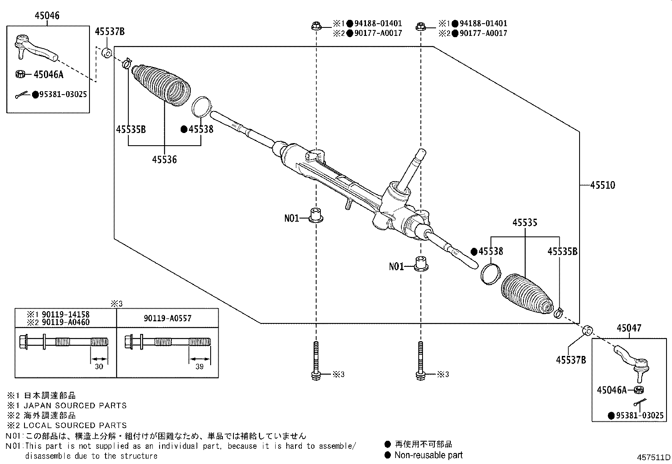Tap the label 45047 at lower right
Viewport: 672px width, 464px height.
pos(629,328)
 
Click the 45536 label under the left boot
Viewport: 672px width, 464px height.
pos(164,160)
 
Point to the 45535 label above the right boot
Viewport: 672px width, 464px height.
pos(525,223)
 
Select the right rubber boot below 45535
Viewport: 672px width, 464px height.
pos(526,295)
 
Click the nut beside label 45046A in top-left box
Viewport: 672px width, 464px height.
pos(19,74)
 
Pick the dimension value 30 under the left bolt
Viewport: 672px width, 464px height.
pos(99,366)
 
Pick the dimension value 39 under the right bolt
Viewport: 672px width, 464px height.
pos(199,366)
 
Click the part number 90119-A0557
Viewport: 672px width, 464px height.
pos(167,318)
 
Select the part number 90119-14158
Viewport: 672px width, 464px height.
pos(63,315)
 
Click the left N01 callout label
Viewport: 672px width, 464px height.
pos(291,218)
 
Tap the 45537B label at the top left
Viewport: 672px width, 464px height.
pos(109,32)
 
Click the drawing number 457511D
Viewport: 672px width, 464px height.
pos(653,457)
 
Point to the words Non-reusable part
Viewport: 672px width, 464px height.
pos(428,455)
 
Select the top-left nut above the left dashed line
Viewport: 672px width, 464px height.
pos(316,26)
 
